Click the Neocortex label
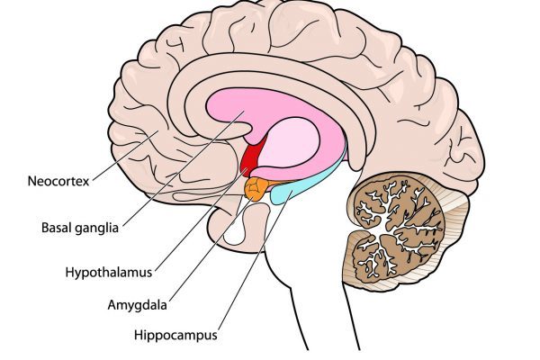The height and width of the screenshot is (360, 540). pos(58,181)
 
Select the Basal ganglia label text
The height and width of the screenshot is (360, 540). pos(80,228)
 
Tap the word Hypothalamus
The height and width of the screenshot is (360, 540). pos(109,273)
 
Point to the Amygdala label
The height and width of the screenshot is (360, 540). pos(137,305)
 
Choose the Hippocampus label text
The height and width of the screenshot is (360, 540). pos(175,335)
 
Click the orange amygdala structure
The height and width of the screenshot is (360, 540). pos(256,188)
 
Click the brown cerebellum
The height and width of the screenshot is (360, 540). pos(396,229)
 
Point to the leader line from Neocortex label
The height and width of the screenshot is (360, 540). pos(125,155)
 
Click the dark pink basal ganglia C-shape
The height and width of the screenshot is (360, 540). pos(228,109)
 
